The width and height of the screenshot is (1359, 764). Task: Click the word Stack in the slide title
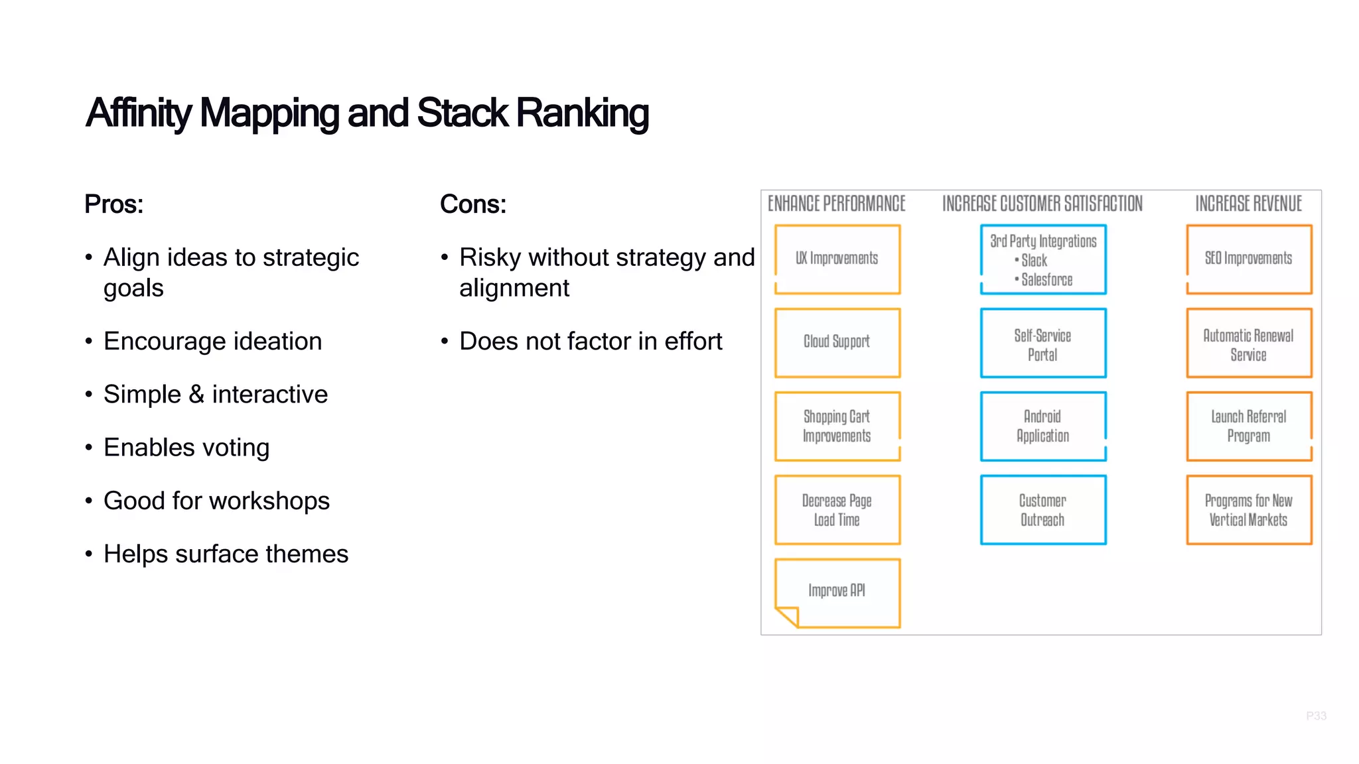tap(462, 113)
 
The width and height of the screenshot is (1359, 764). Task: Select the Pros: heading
tap(113, 204)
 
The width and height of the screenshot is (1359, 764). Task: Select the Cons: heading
tap(472, 204)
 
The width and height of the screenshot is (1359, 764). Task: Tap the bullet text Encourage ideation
tap(212, 341)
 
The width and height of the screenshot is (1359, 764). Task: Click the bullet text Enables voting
tap(186, 448)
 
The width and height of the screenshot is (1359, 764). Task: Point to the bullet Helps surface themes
tap(226, 554)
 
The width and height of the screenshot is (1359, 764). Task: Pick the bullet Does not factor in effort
tap(591, 341)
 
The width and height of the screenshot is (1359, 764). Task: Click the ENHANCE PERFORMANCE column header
tap(836, 204)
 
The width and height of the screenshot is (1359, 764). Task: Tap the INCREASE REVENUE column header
tap(1248, 204)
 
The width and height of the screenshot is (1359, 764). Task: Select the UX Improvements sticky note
tap(837, 259)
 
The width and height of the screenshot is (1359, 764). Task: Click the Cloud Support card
tap(837, 342)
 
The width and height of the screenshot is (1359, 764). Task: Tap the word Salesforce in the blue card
tap(1046, 280)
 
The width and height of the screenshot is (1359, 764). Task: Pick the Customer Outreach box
tap(1042, 510)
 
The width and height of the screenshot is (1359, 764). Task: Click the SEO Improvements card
tap(1248, 259)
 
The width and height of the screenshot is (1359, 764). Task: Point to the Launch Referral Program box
tap(1248, 426)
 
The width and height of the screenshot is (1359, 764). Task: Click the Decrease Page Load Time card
tap(837, 510)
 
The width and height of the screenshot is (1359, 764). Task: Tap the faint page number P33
tap(1316, 716)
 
